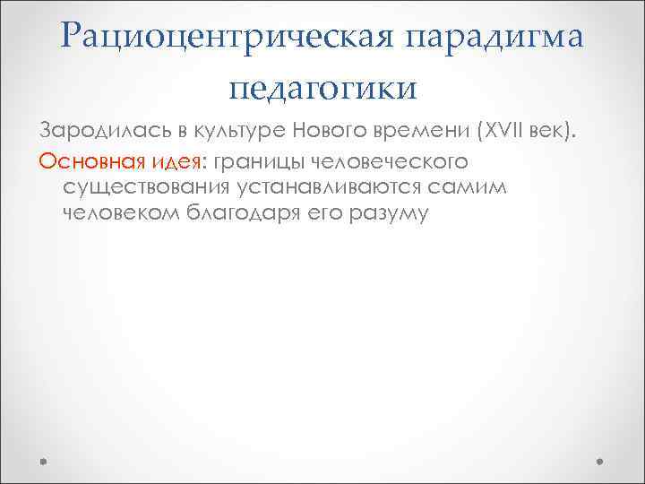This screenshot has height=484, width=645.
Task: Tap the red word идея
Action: click(x=177, y=160)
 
